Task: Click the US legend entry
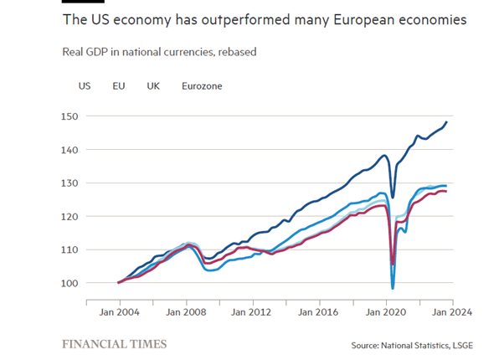[x=85, y=85]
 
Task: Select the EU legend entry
[x=119, y=85]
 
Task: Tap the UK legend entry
[x=153, y=85]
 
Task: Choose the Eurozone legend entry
[x=202, y=85]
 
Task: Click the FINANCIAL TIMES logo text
[x=115, y=343]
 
